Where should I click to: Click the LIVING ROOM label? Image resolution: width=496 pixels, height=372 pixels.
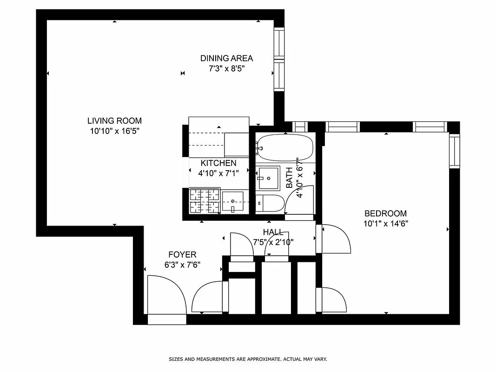click(114, 121)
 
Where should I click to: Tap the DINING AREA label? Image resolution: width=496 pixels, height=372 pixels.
click(226, 59)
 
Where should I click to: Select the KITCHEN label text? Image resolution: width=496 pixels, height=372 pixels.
click(218, 163)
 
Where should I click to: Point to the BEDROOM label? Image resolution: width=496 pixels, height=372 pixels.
click(385, 214)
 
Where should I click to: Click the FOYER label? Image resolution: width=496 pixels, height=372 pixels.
click(182, 255)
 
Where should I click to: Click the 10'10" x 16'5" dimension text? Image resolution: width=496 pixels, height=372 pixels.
click(114, 131)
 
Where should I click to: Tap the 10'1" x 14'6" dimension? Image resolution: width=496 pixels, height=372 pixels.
click(385, 224)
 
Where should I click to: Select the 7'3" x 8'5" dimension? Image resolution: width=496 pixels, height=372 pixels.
click(226, 69)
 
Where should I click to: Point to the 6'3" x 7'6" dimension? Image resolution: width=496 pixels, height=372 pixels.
click(182, 265)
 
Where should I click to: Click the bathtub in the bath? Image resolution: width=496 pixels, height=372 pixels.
click(284, 147)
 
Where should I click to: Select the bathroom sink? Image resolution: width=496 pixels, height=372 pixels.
click(269, 178)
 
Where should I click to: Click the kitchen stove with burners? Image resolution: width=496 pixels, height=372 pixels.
click(205, 200)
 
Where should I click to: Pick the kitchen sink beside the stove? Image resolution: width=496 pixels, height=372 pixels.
click(232, 202)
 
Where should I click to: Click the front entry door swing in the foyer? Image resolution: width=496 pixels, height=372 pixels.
click(166, 295)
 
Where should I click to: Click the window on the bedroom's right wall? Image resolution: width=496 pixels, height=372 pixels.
click(454, 150)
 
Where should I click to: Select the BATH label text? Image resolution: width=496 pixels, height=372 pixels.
click(290, 178)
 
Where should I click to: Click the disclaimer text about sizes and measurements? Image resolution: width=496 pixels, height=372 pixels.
click(248, 359)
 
